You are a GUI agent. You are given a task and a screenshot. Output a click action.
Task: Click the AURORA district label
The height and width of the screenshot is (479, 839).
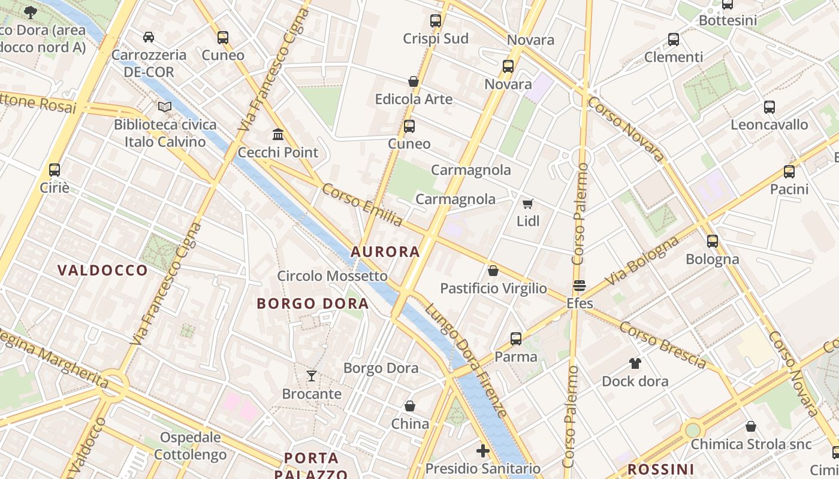click(385, 252)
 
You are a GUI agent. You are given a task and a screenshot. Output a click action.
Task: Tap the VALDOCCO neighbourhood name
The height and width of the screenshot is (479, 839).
click(102, 270)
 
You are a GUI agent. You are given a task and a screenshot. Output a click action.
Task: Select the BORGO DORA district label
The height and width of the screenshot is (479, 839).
click(312, 304)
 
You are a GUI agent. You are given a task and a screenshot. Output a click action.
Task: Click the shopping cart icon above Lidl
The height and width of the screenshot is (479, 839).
click(528, 204)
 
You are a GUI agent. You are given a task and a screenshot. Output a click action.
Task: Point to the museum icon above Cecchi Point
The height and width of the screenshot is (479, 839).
click(278, 134)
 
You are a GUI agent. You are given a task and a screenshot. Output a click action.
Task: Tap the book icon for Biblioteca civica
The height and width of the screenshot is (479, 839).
click(165, 107)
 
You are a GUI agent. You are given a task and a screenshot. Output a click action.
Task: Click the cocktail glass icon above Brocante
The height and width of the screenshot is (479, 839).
click(312, 376)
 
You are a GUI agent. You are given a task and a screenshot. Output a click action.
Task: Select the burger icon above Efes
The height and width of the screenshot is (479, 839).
click(580, 285)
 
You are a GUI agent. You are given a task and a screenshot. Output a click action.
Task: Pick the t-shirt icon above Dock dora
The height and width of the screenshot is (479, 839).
click(635, 363)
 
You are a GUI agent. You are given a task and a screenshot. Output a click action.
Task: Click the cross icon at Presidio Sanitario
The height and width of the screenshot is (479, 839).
click(483, 450)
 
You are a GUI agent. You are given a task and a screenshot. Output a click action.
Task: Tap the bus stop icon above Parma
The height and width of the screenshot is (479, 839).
click(516, 339)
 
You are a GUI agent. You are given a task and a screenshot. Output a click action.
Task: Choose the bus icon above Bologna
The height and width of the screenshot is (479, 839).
click(713, 241)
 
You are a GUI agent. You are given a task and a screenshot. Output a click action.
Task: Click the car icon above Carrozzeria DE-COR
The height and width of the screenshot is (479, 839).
click(149, 37)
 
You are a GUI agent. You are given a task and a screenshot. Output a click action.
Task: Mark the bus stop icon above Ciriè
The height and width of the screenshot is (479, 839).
click(55, 170)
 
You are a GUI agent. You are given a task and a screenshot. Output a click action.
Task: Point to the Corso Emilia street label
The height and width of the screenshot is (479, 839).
click(363, 205)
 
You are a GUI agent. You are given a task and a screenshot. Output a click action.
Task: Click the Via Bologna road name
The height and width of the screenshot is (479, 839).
click(642, 261)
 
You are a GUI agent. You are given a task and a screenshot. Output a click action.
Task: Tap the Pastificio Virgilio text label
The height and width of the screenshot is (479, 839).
click(493, 289)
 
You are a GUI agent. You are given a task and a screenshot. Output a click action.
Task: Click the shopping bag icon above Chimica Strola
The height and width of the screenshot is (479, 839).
click(751, 426)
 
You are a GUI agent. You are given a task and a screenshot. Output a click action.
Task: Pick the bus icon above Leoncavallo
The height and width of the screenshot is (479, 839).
click(769, 107)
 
